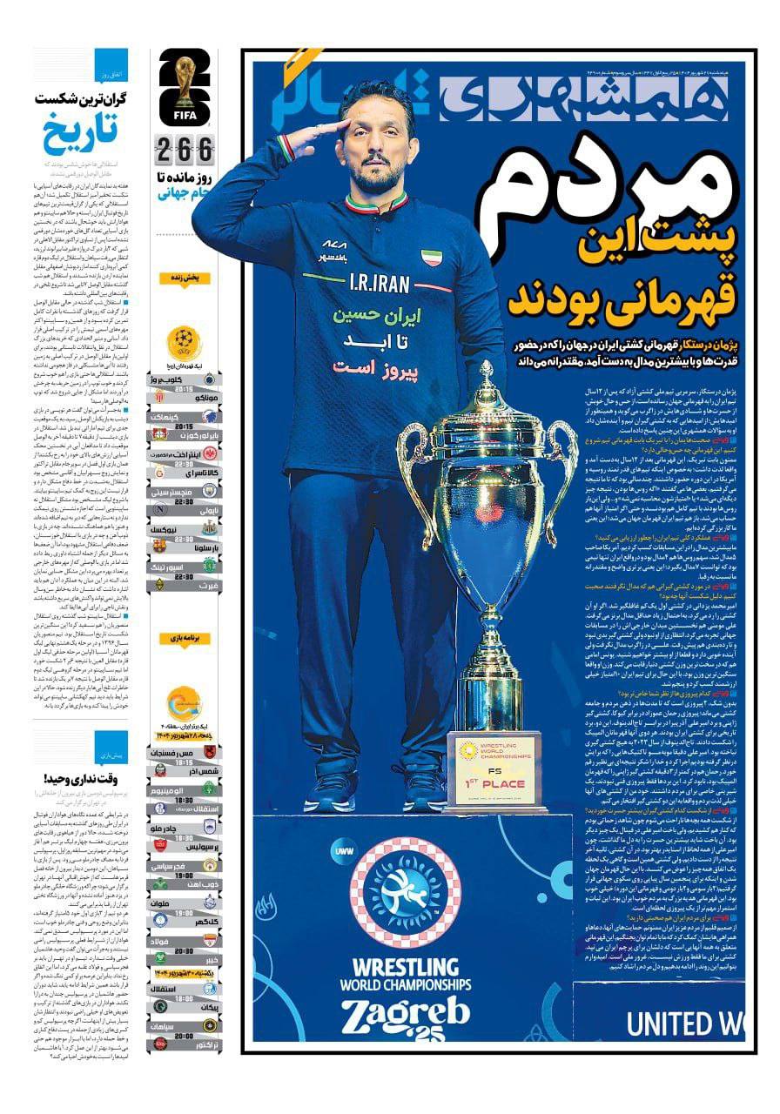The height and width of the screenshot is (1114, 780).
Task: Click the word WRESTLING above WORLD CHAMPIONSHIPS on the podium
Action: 405,966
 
